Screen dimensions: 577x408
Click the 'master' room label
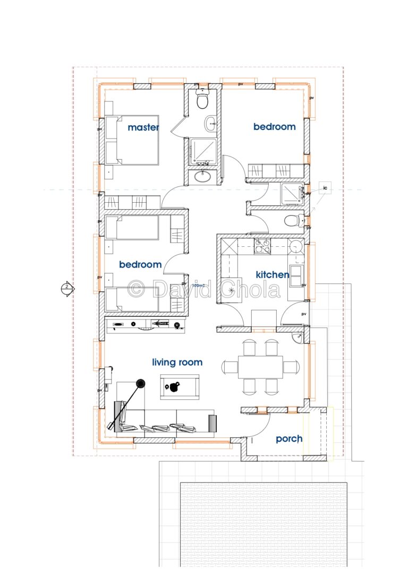click(143, 127)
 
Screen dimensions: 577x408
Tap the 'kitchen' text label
click(273, 274)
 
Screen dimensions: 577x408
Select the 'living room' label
click(177, 363)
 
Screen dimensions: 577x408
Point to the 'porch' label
click(289, 439)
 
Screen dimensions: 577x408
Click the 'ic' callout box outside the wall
click(325, 188)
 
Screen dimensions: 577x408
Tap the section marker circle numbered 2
click(66, 288)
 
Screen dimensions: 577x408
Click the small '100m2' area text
click(199, 286)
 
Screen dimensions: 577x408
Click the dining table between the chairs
click(260, 366)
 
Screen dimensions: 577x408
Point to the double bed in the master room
click(132, 140)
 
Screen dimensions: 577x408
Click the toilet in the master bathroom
click(202, 100)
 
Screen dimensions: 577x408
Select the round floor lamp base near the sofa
click(140, 383)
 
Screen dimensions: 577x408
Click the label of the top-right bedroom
click(274, 127)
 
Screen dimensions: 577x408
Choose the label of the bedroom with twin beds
click(140, 264)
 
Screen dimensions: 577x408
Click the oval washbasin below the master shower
click(202, 176)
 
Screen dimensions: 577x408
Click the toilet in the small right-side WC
click(292, 220)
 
